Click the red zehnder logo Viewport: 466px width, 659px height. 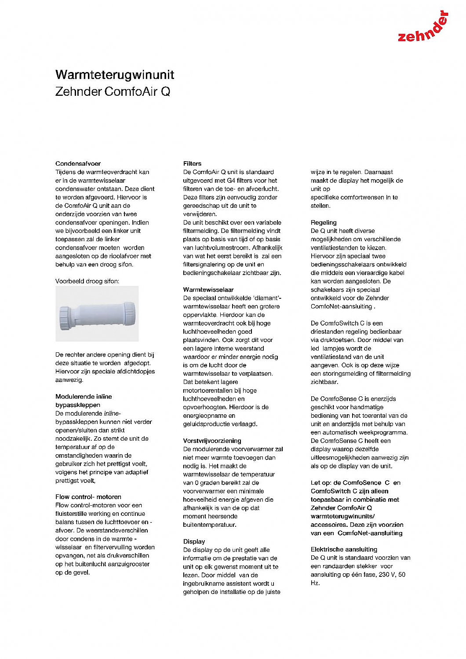pos(423,28)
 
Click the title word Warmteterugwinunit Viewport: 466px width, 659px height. pos(115,75)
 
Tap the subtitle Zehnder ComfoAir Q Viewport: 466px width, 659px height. pos(113,92)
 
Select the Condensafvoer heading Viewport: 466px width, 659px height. pos(78,163)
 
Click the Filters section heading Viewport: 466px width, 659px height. pos(192,163)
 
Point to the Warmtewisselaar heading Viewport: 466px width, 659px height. pos(208,290)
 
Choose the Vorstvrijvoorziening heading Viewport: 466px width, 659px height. pos(212,441)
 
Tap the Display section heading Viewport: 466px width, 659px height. pos(194,541)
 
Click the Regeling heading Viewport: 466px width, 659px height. pos(324,222)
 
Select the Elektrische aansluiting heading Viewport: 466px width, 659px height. pos(344,549)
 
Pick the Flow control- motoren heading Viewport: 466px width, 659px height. pos(88,497)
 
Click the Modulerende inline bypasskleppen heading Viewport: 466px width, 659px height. pos(84,401)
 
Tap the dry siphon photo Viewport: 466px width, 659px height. pos(97,314)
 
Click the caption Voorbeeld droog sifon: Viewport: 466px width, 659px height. pos(87,281)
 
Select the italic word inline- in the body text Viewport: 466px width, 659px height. pos(112,413)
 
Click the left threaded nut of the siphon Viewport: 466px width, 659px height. pos(64,315)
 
